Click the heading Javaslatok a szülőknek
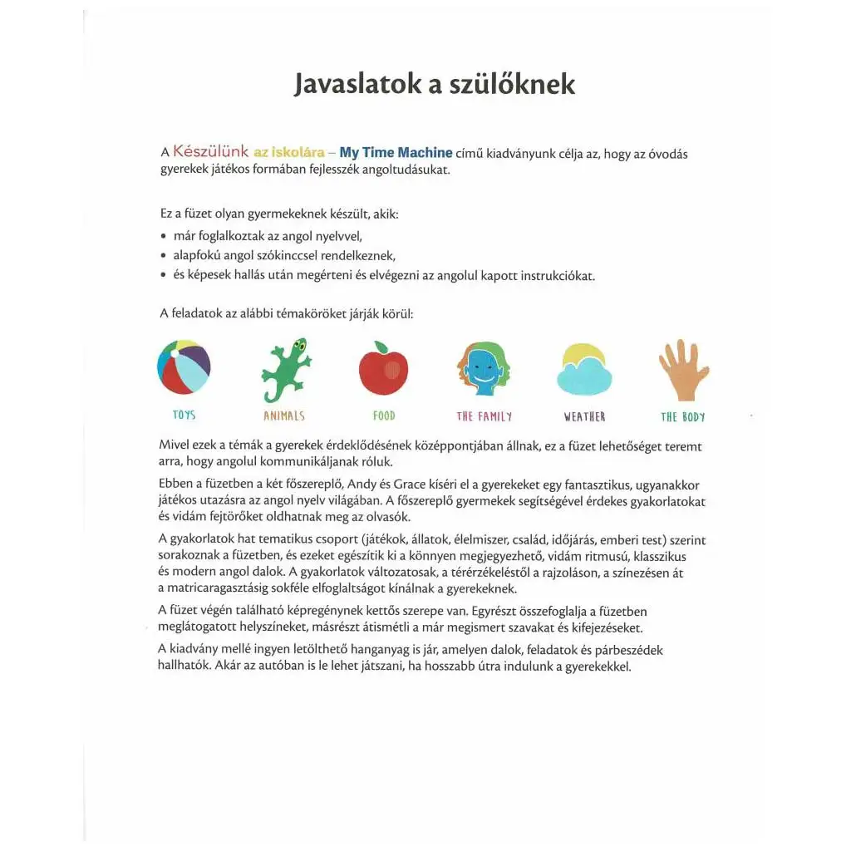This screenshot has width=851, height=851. point(434,84)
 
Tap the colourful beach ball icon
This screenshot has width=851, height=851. point(184,366)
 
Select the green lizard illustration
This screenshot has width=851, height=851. point(286,370)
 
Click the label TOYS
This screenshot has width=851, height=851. point(184,415)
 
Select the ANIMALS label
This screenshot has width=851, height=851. point(284,416)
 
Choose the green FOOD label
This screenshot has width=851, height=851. point(384,416)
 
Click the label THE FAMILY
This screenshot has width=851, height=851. point(485,416)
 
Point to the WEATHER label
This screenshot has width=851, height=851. point(584,416)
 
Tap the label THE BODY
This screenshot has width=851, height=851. point(683,416)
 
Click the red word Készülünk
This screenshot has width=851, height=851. point(211,152)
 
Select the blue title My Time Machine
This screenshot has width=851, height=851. point(396,152)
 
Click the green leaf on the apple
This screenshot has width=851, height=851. point(381,347)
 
